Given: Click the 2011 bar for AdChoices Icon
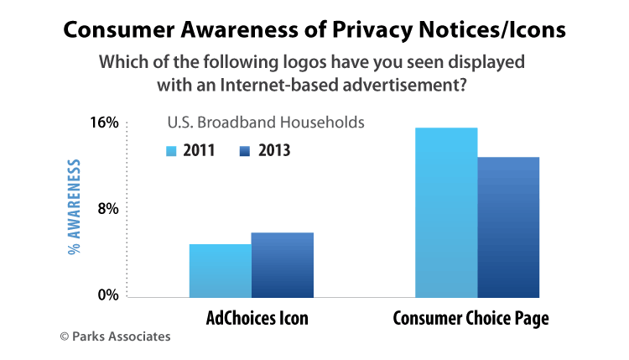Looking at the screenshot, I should (x=220, y=270).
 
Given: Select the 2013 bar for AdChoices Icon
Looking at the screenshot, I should (x=282, y=264).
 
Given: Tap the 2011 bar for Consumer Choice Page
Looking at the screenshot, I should (x=446, y=212).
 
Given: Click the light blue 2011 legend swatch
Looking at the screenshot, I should (x=171, y=151).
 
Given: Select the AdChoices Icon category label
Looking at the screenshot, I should (x=257, y=319).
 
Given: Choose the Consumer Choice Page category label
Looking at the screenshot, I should (x=475, y=319).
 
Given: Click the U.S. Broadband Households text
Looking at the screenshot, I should (x=265, y=123).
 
